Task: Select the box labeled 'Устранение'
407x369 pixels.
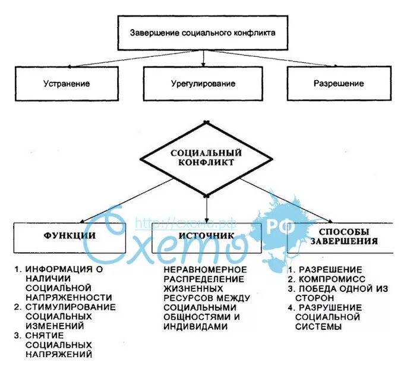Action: [x=67, y=84]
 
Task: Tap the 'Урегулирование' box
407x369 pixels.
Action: [x=203, y=84]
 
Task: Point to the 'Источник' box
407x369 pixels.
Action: [x=206, y=236]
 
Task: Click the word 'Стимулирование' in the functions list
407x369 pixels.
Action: [x=71, y=307]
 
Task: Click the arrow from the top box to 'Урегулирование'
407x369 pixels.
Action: [x=204, y=58]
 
